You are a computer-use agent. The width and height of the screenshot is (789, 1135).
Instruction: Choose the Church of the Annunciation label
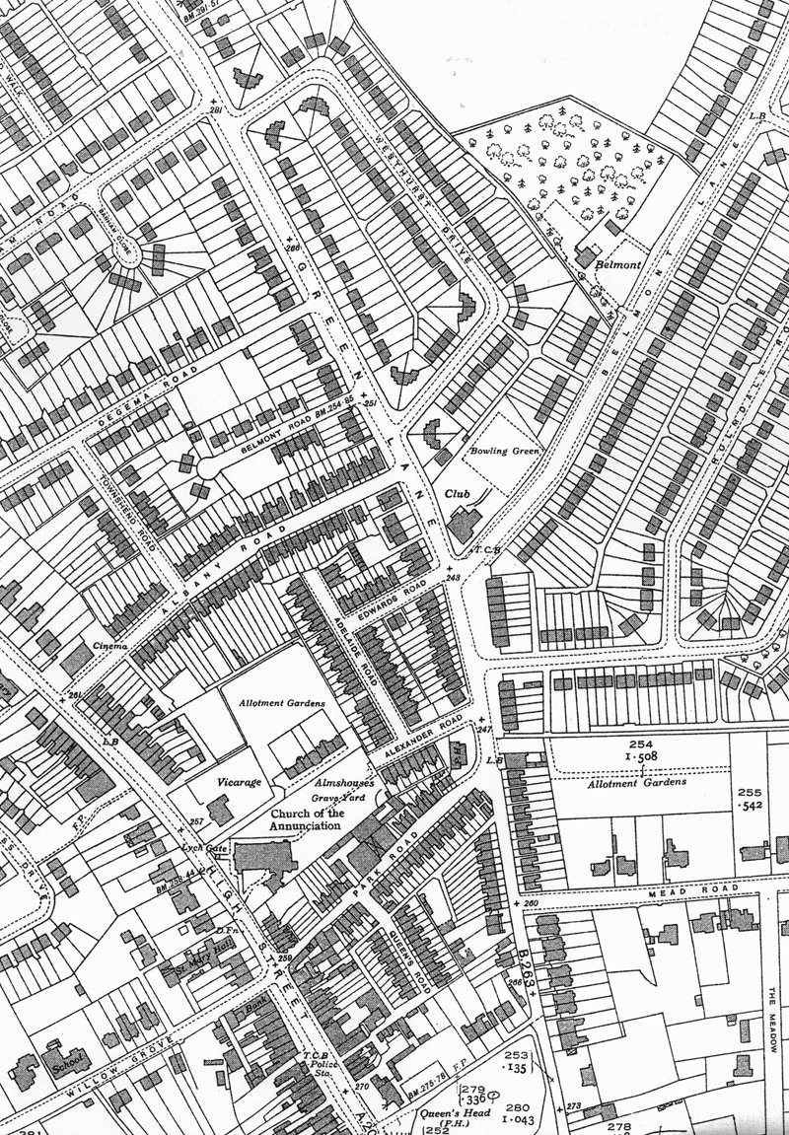[295, 819]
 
